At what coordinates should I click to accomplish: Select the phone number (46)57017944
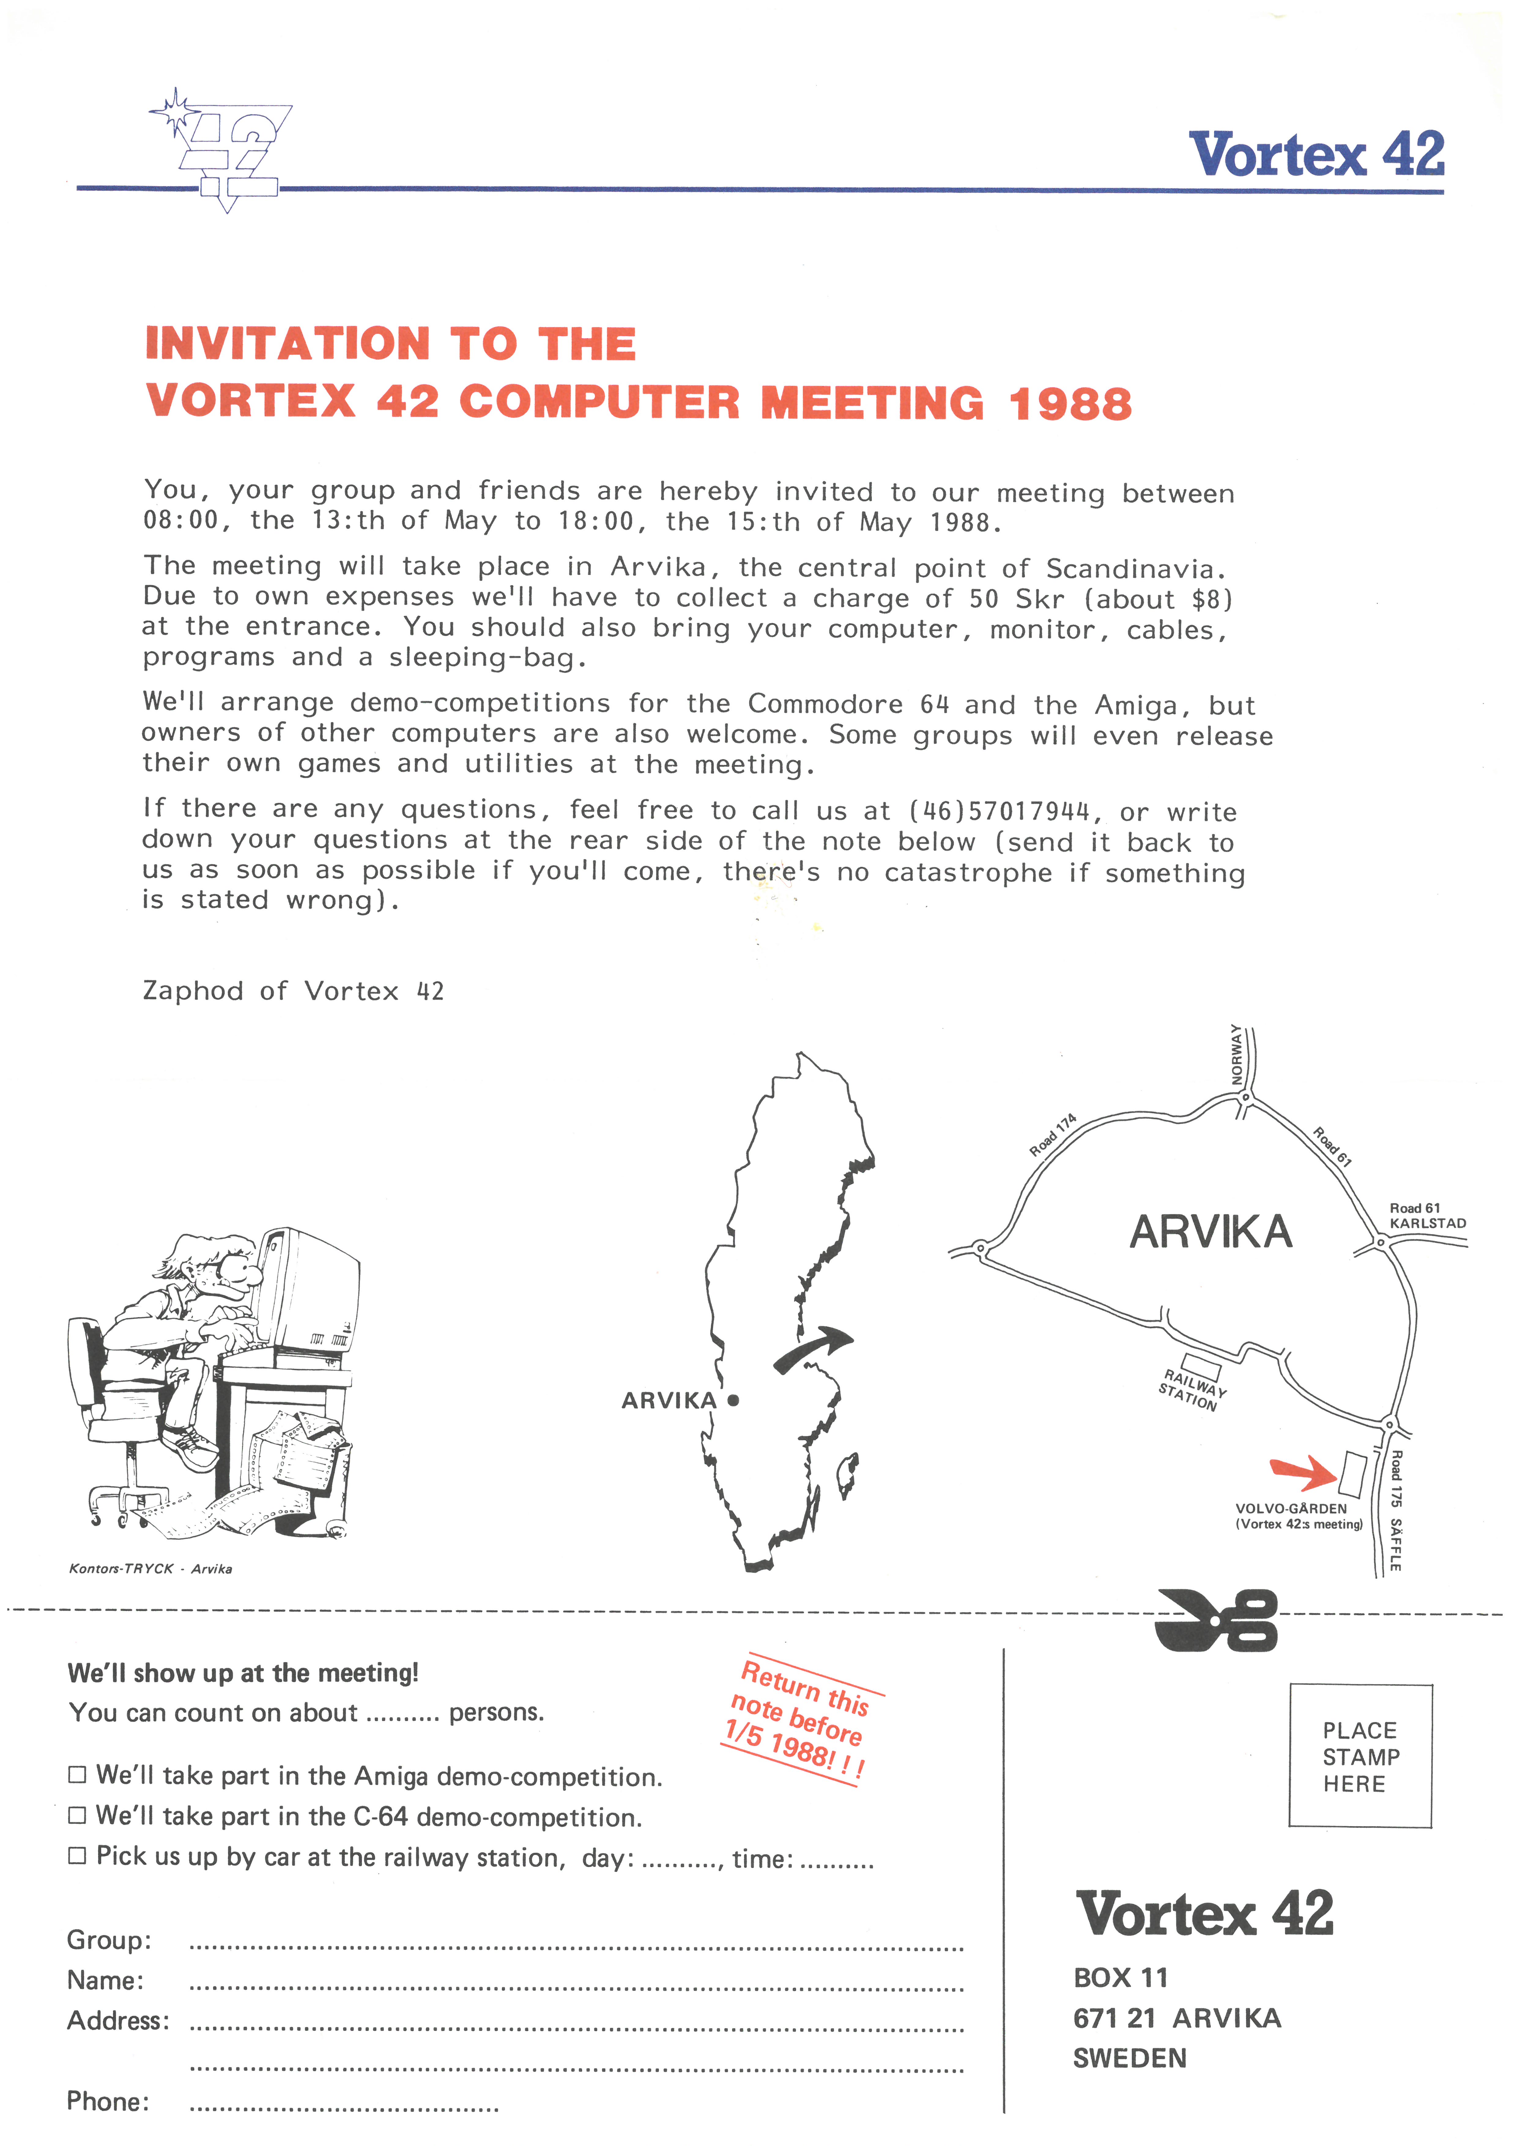(998, 810)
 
